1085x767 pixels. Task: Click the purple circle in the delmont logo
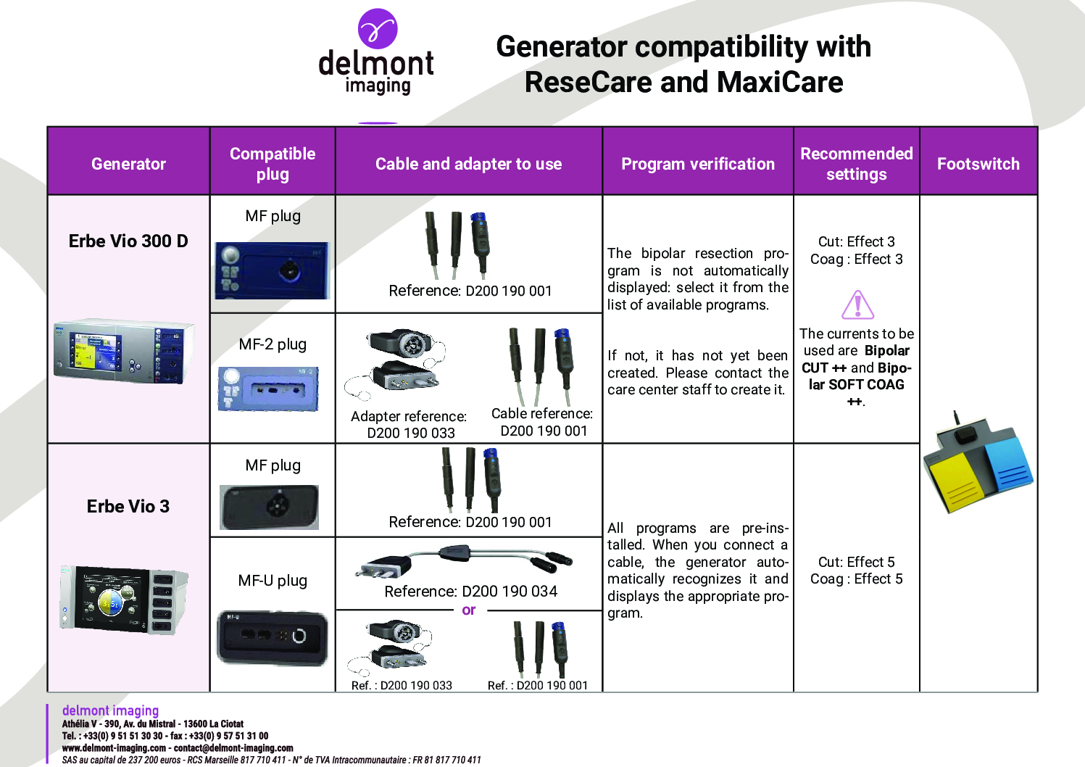[x=378, y=28]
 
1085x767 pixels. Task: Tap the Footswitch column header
[x=978, y=164]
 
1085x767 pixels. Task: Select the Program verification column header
[x=697, y=164]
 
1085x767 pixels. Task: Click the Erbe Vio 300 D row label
[x=128, y=241]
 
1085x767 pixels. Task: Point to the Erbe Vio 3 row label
[x=128, y=506]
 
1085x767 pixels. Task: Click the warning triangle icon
[x=857, y=304]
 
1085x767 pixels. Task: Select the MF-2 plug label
[x=273, y=344]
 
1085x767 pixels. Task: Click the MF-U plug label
[x=273, y=581]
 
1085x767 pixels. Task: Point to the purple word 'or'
[x=468, y=610]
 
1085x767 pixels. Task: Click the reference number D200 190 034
[x=510, y=591]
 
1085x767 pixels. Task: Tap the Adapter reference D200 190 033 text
[x=410, y=424]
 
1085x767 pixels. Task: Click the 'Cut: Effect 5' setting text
[x=857, y=562]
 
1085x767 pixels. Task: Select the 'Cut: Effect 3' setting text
[x=857, y=242]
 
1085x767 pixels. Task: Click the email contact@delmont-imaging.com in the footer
[x=233, y=748]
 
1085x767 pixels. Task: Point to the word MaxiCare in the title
[x=780, y=82]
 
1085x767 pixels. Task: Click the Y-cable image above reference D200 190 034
[x=465, y=561]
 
